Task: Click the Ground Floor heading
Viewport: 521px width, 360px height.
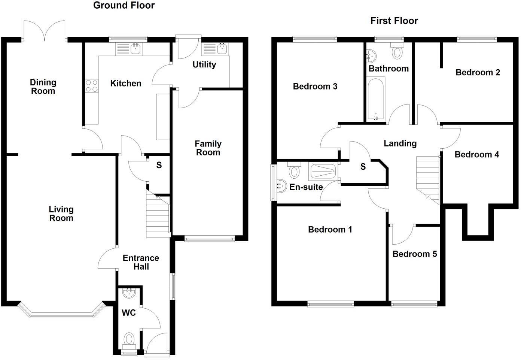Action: (124, 5)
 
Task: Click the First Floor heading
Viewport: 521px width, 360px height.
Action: (394, 21)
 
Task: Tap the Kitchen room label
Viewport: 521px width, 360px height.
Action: (126, 83)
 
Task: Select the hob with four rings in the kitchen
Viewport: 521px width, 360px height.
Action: (92, 86)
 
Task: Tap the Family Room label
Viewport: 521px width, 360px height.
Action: (208, 148)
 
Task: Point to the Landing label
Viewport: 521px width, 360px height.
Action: (400, 143)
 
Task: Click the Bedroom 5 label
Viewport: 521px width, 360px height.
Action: (414, 254)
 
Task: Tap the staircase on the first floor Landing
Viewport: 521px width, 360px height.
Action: (428, 176)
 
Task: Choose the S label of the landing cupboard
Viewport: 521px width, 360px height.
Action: (363, 167)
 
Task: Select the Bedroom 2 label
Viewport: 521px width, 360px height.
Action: (478, 72)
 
